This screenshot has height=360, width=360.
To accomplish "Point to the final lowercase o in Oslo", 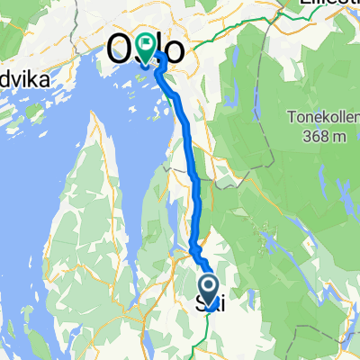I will pyautogui.click(x=177, y=49).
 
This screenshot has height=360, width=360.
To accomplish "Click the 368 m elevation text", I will pyautogui.click(x=299, y=135).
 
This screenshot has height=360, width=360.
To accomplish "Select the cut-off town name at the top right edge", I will pyautogui.click(x=333, y=4).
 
